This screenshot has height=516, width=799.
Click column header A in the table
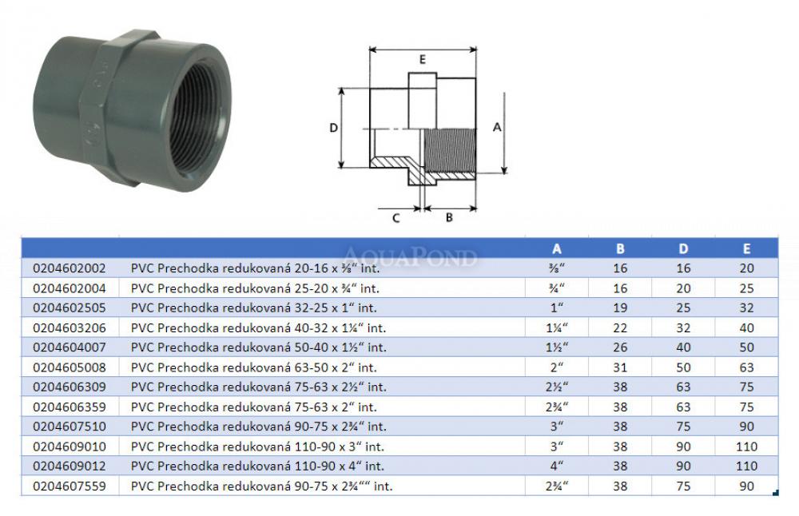556,248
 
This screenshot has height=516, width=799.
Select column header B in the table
620,248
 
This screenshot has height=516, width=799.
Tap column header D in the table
683,248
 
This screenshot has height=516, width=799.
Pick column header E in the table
746,248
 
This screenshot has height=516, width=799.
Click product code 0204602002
70,268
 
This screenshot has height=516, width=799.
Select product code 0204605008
70,367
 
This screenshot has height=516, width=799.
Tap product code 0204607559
70,486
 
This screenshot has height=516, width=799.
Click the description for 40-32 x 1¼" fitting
258,328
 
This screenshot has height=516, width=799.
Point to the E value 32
746,308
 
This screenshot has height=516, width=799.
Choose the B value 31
620,367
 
